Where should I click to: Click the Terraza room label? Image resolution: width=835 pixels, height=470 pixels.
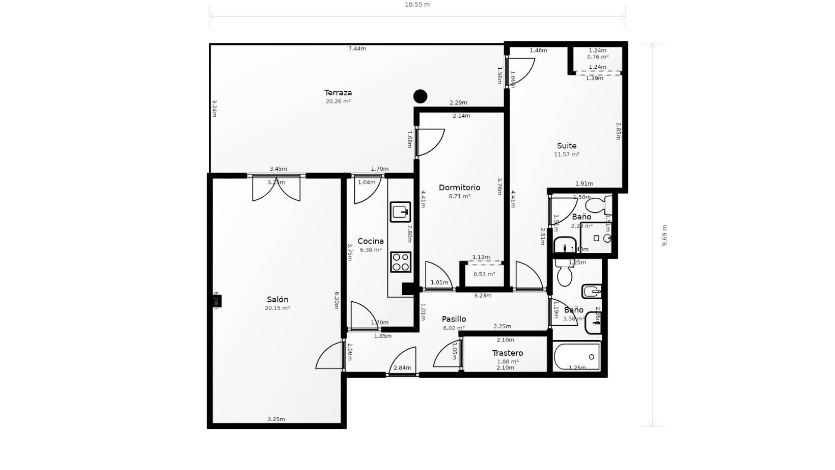click(338, 93)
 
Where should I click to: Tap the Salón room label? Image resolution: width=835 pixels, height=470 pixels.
click(277, 300)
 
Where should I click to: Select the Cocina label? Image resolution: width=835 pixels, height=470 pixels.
click(371, 241)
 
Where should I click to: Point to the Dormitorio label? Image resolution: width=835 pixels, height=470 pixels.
click(459, 188)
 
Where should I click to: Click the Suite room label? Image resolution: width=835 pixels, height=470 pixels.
click(567, 146)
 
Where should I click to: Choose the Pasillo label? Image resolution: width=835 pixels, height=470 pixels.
click(454, 319)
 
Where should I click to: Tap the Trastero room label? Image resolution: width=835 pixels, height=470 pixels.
click(508, 353)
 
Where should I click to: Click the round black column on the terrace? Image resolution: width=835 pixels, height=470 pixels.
click(420, 96)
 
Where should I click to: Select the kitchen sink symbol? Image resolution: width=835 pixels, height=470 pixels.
click(400, 212)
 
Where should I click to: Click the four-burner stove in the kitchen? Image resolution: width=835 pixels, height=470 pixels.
click(401, 262)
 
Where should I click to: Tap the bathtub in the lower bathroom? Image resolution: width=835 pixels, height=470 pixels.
click(577, 356)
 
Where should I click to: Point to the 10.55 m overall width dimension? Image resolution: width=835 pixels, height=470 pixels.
click(417, 5)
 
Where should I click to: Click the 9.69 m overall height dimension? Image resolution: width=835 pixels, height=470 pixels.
click(664, 235)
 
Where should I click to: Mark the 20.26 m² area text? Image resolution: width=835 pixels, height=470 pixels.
click(338, 101)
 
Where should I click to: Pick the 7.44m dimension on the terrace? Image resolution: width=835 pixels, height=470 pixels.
click(357, 49)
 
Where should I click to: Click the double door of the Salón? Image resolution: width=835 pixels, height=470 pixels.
click(276, 189)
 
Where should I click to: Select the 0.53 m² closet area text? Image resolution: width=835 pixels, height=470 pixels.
click(484, 274)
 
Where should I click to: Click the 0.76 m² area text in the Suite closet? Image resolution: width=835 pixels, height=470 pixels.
click(598, 57)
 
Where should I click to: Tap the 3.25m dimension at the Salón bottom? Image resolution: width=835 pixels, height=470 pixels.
click(276, 420)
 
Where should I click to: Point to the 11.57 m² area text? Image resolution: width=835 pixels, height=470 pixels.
click(567, 154)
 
